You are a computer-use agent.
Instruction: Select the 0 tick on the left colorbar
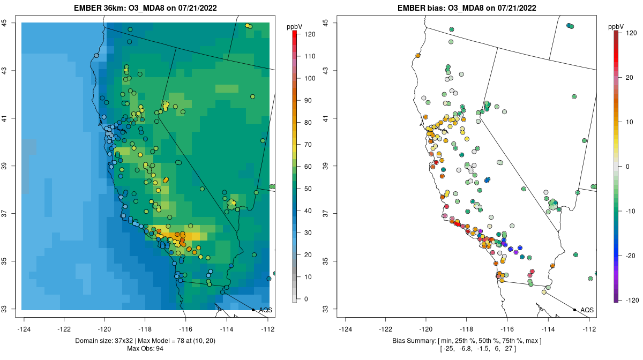pos(305,299)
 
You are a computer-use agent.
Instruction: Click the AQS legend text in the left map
pos(265,310)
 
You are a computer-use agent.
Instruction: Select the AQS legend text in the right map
pos(587,310)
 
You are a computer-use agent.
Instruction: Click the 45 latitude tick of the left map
pos(4,22)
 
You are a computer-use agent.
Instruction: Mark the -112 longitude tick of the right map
pos(589,329)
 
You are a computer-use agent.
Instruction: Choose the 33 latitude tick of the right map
pos(326,309)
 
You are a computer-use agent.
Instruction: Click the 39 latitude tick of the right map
pos(326,166)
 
